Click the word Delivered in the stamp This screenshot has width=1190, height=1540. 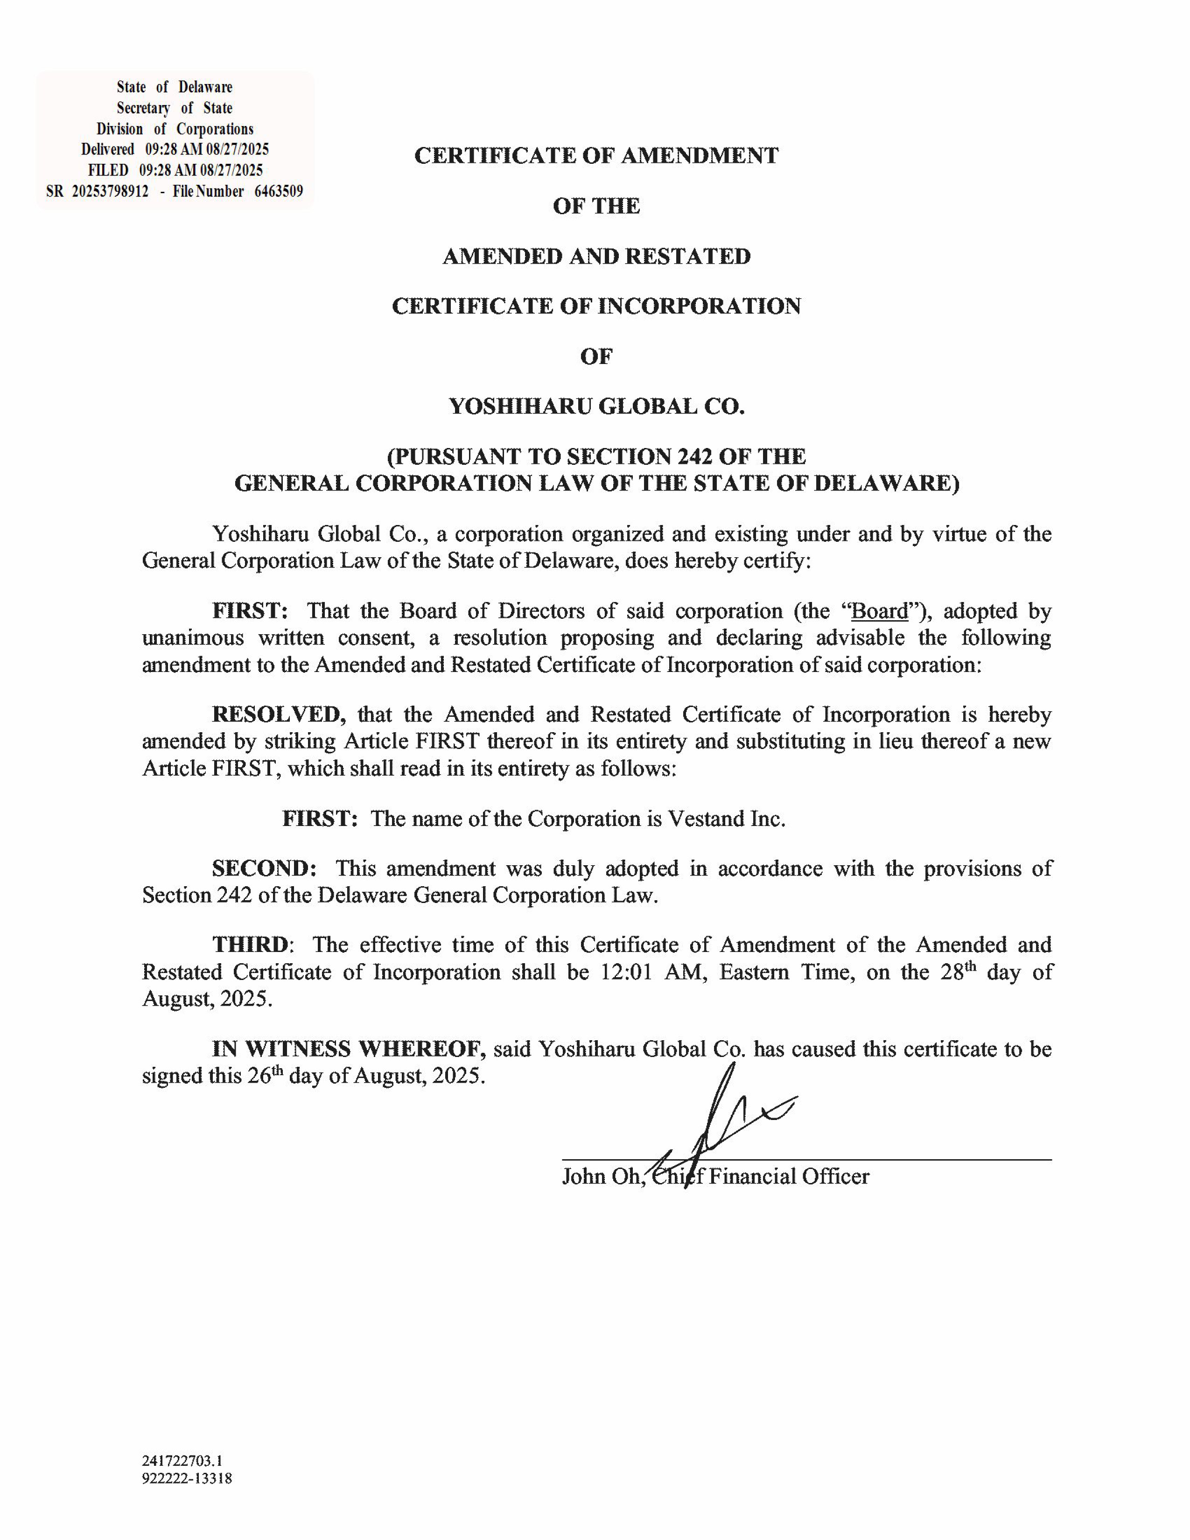[x=107, y=149]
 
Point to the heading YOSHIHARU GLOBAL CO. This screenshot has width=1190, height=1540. [x=596, y=407]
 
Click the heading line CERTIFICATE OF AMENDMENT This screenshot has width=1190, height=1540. [x=596, y=156]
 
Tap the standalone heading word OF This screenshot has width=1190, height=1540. [x=596, y=357]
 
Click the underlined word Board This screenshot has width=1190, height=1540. [x=879, y=611]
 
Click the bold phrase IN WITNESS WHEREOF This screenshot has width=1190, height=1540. [x=349, y=1049]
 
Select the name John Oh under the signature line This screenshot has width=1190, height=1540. [x=600, y=1177]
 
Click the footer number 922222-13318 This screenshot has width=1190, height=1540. [x=187, y=1478]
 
